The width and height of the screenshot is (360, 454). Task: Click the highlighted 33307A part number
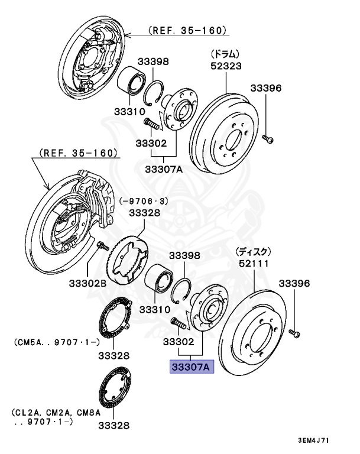(x=190, y=367)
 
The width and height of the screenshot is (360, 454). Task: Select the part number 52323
(x=226, y=66)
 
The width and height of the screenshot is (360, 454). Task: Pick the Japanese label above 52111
(x=253, y=251)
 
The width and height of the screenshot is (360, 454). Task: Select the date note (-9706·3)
(x=144, y=201)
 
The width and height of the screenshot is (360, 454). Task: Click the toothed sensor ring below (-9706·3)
(x=127, y=261)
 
